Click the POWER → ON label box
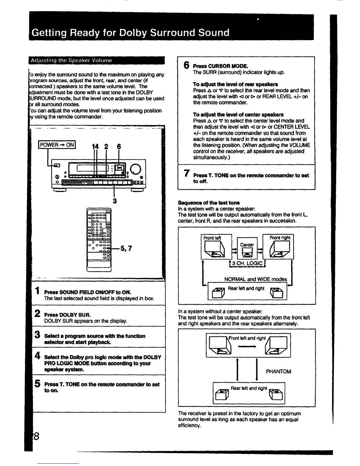click(57, 145)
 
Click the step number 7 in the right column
click(186, 174)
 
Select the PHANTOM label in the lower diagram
click(278, 372)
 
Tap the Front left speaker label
click(212, 238)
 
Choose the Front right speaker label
click(280, 237)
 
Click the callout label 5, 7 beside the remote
click(126, 249)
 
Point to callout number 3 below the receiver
click(115, 201)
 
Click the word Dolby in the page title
click(133, 32)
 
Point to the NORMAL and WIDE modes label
click(255, 279)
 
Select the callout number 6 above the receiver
click(119, 147)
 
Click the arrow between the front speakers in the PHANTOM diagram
click(248, 347)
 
